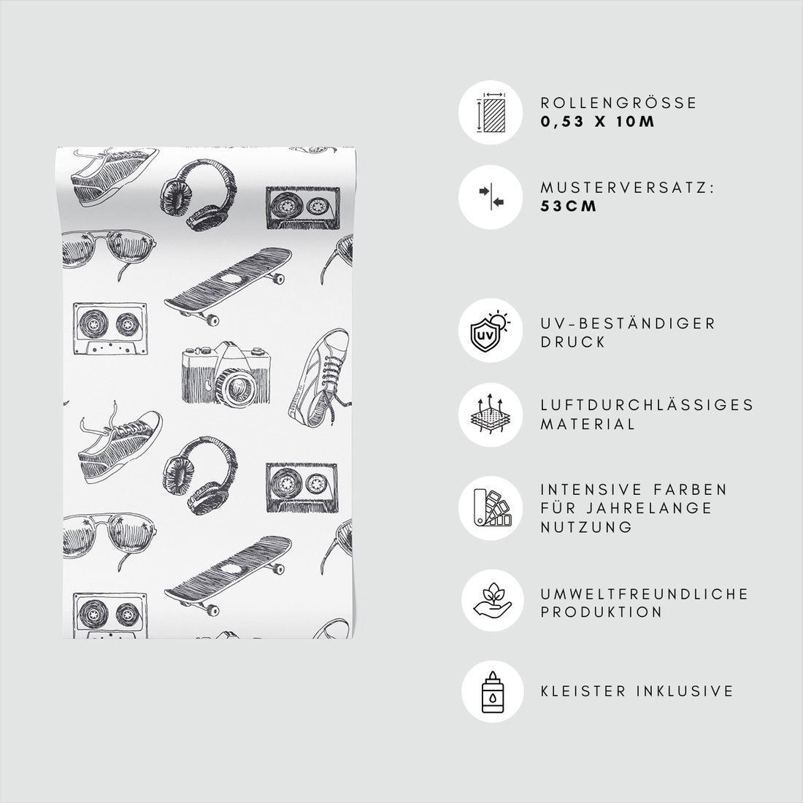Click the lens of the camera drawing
236,386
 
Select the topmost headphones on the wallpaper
199,195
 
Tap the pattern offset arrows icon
491,196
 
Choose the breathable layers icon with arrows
491,413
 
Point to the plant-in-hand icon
492,599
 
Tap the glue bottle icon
492,691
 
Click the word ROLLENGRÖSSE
618,102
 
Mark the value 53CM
569,206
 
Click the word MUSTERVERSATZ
624,188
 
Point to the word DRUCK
573,342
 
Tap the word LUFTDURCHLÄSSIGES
647,404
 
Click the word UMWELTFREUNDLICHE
645,593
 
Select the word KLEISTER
583,691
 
